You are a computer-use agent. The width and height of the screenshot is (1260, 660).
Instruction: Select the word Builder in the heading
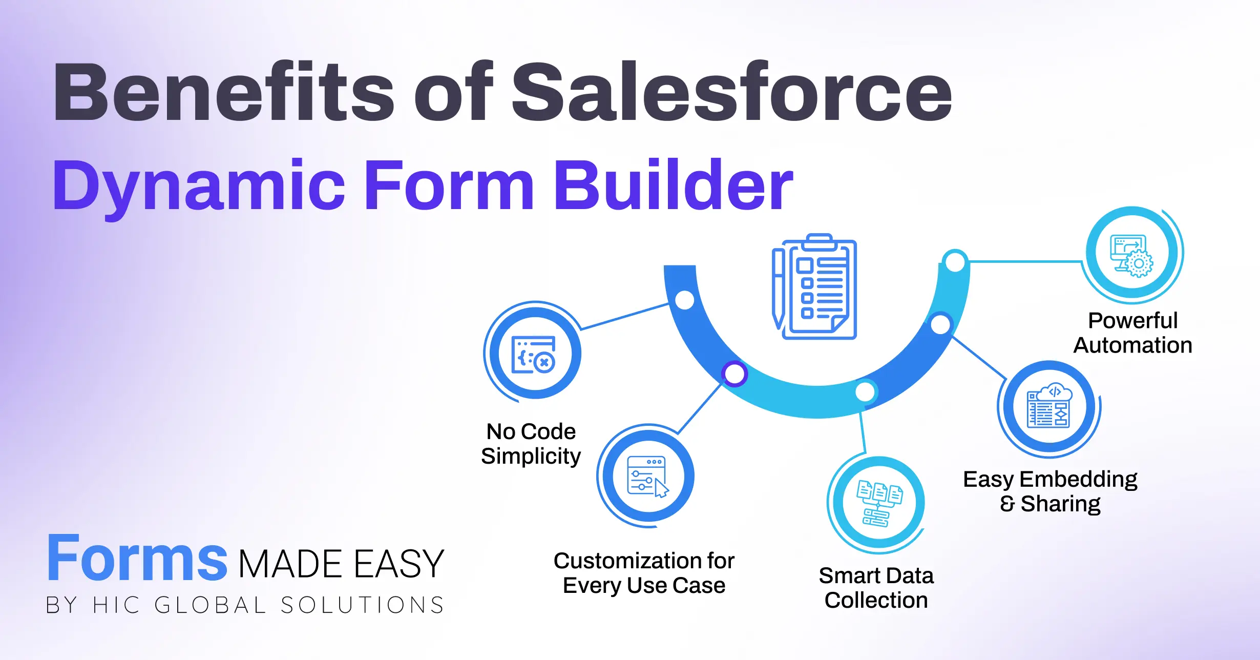(673, 185)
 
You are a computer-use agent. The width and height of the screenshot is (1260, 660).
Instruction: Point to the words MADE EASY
(341, 564)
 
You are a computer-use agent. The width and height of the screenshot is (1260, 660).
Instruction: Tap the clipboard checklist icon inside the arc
(814, 287)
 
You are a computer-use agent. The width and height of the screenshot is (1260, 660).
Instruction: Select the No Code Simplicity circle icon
(535, 353)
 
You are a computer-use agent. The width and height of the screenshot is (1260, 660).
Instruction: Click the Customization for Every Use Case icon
(648, 476)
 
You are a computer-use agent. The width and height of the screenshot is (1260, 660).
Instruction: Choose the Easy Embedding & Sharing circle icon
(1049, 407)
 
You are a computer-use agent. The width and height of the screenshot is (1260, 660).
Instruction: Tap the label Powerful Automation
(1132, 333)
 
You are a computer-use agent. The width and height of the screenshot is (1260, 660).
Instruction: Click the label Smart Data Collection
(876, 588)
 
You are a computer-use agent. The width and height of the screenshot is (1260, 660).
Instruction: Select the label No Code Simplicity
(531, 444)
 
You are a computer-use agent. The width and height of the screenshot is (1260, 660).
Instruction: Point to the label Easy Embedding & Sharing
(1050, 491)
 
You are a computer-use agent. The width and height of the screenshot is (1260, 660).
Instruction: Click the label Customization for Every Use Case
(644, 573)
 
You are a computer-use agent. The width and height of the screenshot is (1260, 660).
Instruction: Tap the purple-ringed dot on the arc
(734, 374)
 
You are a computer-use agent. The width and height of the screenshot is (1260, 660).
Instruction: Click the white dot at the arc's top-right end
(955, 262)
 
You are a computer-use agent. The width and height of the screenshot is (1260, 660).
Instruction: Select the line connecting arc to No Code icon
(625, 317)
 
